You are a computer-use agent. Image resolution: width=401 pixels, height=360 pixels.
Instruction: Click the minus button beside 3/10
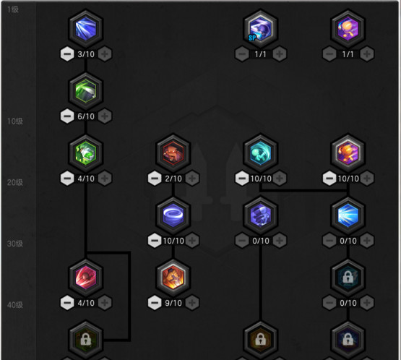pyautogui.click(x=67, y=54)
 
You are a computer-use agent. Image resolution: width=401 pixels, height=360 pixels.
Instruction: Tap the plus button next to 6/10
pyautogui.click(x=105, y=116)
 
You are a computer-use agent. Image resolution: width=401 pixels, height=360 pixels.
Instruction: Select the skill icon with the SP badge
pyautogui.click(x=261, y=28)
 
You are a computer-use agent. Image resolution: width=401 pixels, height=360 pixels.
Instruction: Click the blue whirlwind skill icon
pyautogui.click(x=173, y=215)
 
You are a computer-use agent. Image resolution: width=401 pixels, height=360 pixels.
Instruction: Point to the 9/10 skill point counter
pyautogui.click(x=173, y=303)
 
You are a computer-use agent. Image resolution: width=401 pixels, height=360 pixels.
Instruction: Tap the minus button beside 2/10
pyautogui.click(x=155, y=179)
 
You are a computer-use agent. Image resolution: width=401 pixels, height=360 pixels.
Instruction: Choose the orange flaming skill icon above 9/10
pyautogui.click(x=173, y=278)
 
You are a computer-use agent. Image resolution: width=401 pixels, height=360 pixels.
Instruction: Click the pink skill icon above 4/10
pyautogui.click(x=86, y=278)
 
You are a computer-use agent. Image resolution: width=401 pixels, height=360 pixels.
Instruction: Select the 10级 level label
pyautogui.click(x=15, y=121)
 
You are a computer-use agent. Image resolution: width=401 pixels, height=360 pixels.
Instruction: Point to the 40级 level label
pyautogui.click(x=15, y=305)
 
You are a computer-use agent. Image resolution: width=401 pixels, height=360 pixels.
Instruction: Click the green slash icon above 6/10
pyautogui.click(x=86, y=91)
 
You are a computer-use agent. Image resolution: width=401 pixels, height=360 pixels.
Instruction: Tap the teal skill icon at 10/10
pyautogui.click(x=261, y=153)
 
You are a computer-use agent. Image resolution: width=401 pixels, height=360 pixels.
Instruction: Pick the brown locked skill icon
pyautogui.click(x=261, y=340)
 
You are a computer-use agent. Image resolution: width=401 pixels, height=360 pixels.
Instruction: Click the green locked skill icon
pyautogui.click(x=86, y=340)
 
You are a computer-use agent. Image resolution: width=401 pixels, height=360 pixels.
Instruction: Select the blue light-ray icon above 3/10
pyautogui.click(x=86, y=28)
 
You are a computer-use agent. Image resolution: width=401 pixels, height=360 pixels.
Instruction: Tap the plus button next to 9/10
pyautogui.click(x=192, y=303)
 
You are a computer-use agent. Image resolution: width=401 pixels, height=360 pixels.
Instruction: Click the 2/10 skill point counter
pyautogui.click(x=173, y=179)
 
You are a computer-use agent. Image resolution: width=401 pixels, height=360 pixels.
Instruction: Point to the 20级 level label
pyautogui.click(x=15, y=182)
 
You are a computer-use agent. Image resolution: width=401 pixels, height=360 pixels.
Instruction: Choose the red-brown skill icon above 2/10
pyautogui.click(x=173, y=153)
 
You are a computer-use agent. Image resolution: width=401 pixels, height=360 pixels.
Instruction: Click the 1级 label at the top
pyautogui.click(x=13, y=9)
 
